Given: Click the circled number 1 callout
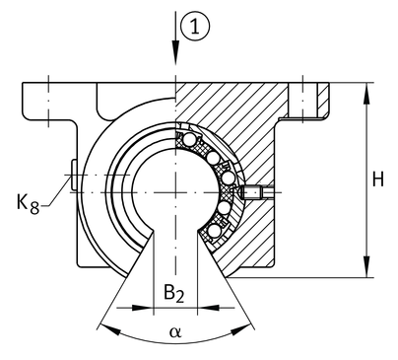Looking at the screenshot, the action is click(195, 27).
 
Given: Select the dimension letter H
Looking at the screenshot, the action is click(378, 180).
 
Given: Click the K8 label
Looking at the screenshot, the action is click(28, 204).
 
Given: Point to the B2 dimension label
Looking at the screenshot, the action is click(174, 293).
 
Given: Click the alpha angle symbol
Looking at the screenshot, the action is click(175, 332).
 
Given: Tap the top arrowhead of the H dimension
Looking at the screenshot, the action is click(366, 94).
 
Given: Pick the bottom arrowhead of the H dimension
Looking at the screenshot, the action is click(366, 266).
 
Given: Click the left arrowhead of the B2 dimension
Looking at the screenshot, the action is click(143, 308).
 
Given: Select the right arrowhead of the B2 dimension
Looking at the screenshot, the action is click(208, 308).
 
